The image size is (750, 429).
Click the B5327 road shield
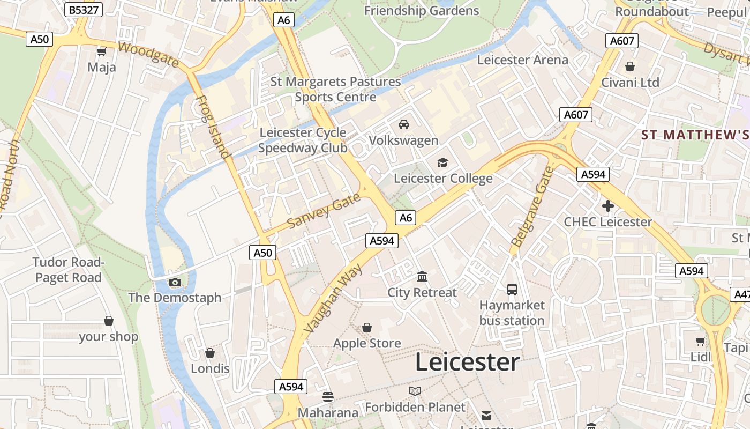(x=84, y=10)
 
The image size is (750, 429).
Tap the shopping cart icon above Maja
(x=101, y=51)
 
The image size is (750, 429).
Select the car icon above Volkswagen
(x=404, y=124)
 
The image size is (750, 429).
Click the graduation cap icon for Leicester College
(x=442, y=162)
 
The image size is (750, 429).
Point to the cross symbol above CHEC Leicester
(x=607, y=206)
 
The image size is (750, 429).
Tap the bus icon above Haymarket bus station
(x=512, y=290)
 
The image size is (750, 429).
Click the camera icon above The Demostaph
(x=175, y=282)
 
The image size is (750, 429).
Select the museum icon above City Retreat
(x=422, y=277)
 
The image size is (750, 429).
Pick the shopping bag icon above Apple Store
(x=367, y=327)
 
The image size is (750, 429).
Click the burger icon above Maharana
(x=328, y=397)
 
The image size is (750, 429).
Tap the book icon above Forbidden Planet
(x=415, y=391)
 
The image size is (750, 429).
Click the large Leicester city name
(x=467, y=363)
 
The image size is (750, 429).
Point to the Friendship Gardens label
(x=422, y=11)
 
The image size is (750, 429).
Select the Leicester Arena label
(x=522, y=60)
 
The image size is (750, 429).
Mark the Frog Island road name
(x=213, y=128)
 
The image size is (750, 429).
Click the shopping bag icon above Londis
(x=210, y=353)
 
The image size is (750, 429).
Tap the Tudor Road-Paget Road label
(x=68, y=270)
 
